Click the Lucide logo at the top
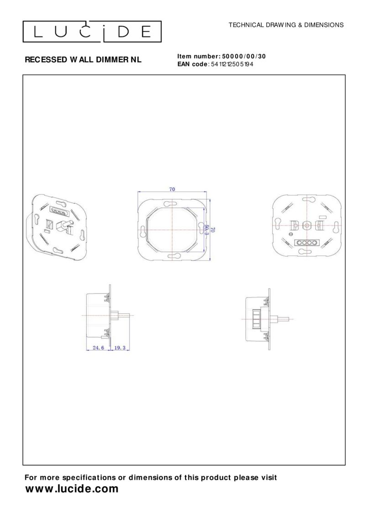point(92,31)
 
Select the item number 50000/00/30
point(244,56)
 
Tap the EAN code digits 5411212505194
point(232,64)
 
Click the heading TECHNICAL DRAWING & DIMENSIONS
point(286,25)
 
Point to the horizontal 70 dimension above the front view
point(172,189)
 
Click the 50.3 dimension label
point(207,229)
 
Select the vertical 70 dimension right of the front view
point(213,229)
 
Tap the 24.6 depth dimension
point(99,348)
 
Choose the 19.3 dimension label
point(120,348)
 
